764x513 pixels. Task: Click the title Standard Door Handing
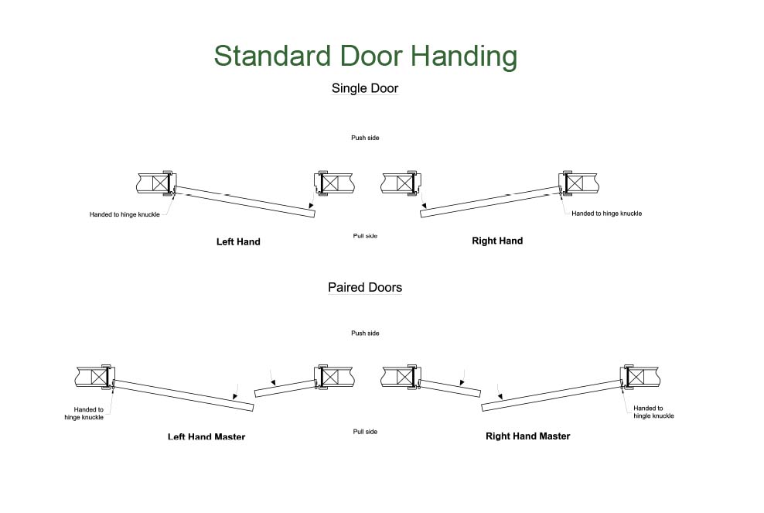coord(365,56)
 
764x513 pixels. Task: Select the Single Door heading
coord(365,88)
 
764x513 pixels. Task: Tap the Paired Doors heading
coord(365,287)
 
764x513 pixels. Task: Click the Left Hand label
coord(238,241)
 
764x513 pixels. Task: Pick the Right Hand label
coord(497,241)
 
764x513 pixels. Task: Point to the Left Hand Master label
coord(206,437)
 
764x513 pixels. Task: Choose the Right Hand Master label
coord(527,436)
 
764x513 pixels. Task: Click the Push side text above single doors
coord(365,138)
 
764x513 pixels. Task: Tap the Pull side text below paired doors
coord(365,431)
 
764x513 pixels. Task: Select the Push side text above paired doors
coord(365,333)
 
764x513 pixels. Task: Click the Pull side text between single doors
coord(365,235)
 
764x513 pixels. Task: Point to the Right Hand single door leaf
coord(489,200)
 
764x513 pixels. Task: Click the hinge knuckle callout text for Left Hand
coord(124,214)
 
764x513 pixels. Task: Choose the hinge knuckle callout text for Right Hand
coord(606,214)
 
